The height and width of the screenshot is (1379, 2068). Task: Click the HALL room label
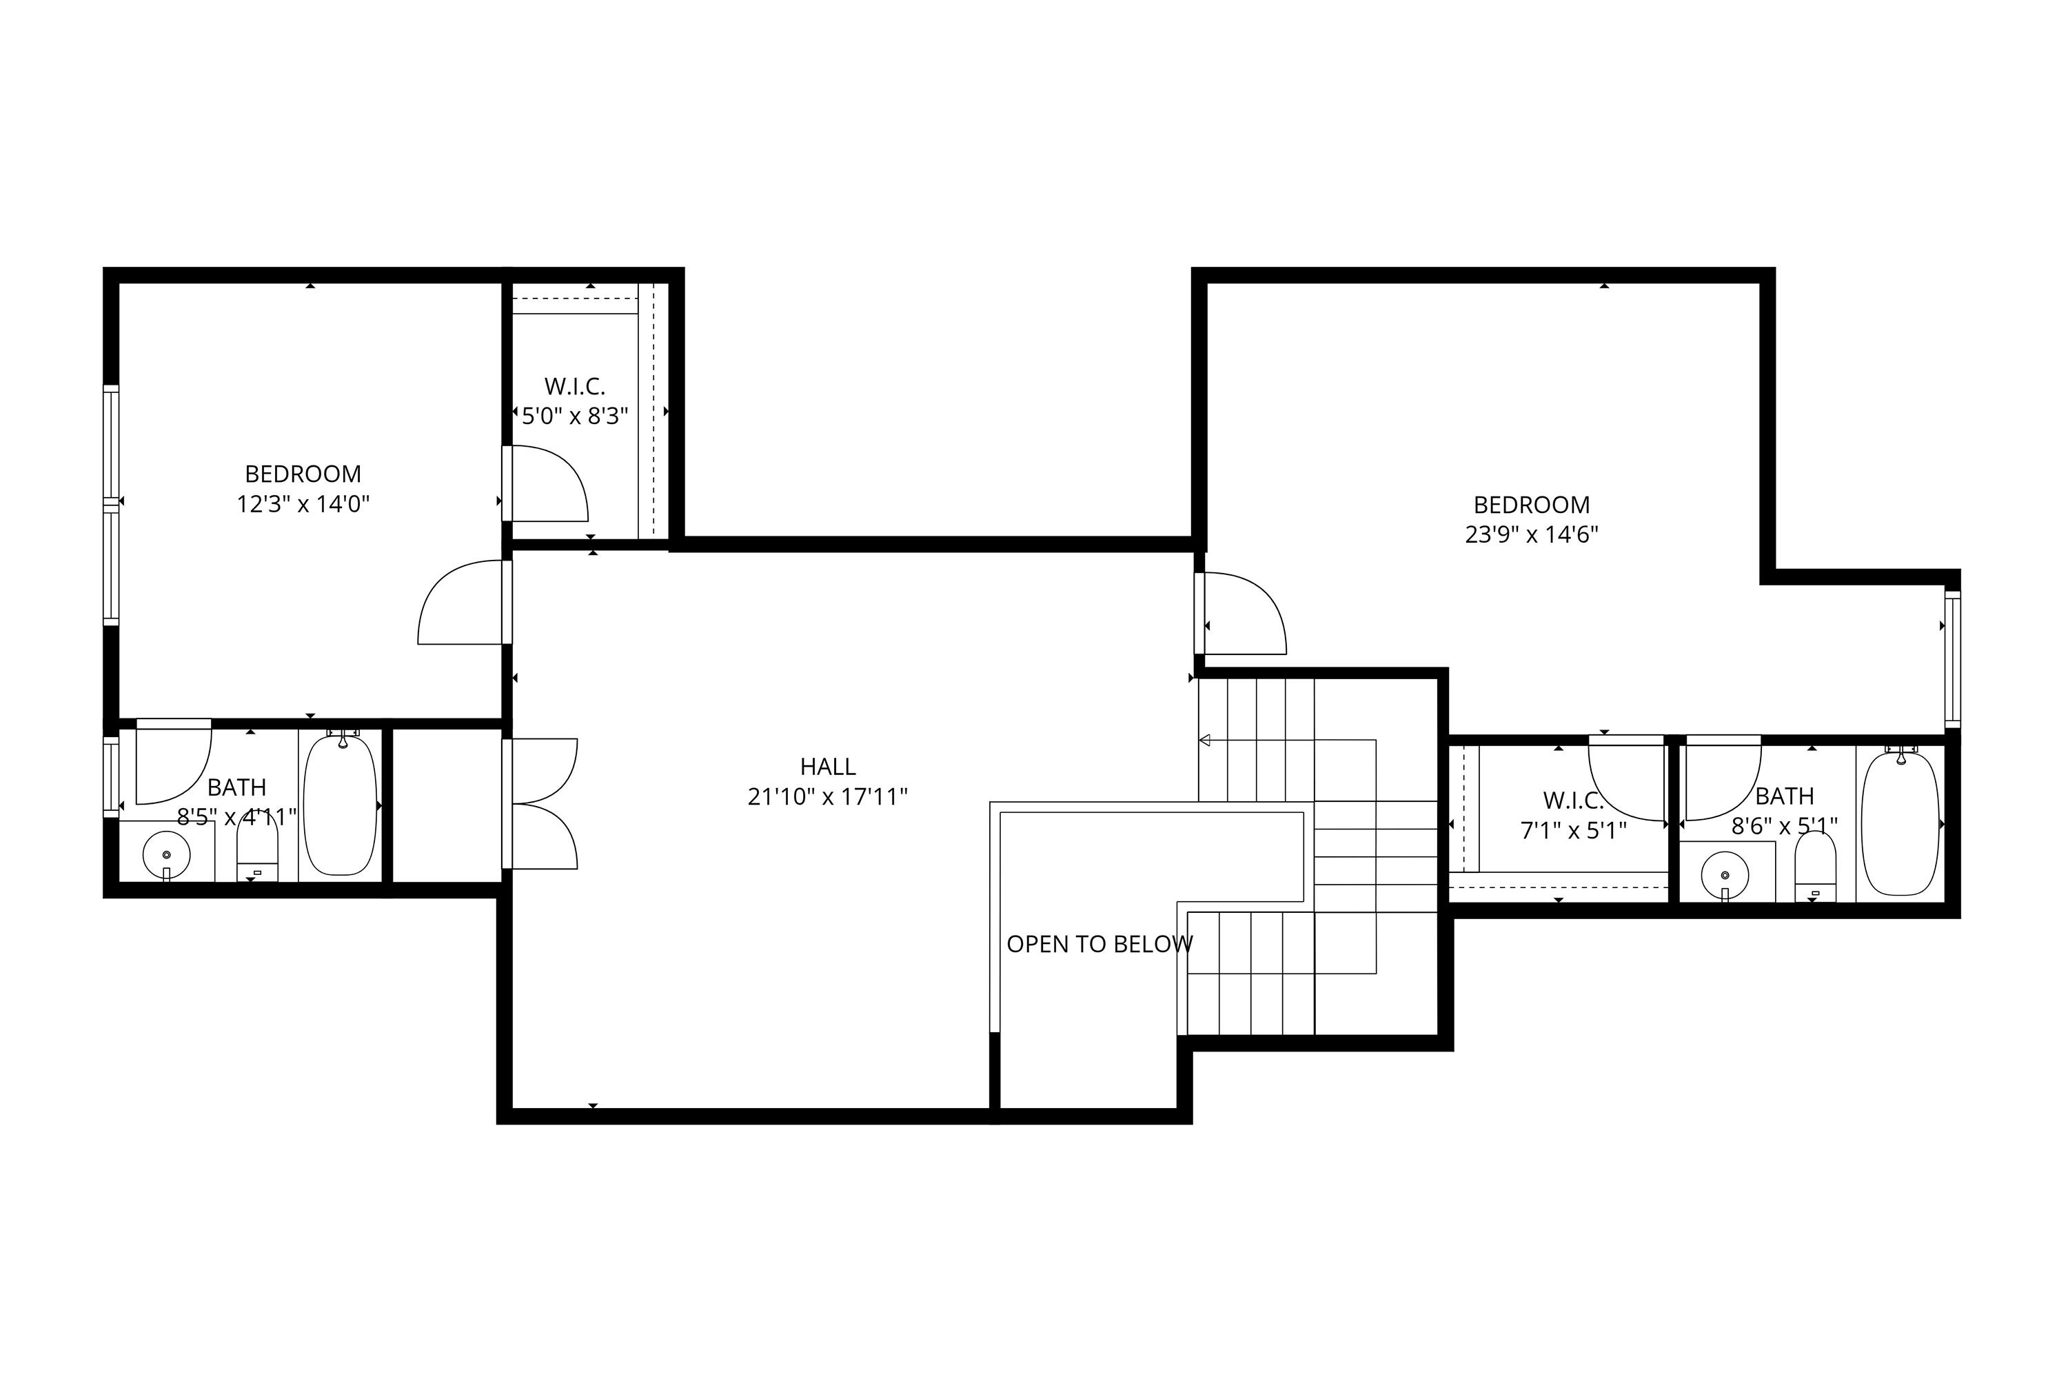tap(827, 767)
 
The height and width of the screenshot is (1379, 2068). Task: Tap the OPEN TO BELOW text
tap(1099, 945)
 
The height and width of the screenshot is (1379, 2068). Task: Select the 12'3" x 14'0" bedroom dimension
tap(303, 504)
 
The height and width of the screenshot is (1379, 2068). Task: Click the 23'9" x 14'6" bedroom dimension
tap(1531, 535)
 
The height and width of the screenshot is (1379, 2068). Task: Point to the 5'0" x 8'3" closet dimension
tap(575, 416)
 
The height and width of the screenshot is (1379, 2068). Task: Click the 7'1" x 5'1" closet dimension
tap(1573, 830)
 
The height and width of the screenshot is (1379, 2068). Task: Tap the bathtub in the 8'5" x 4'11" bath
tap(341, 805)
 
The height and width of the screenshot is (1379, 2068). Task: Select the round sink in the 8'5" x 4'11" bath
tap(166, 855)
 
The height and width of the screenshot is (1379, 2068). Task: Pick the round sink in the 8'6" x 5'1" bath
tap(1724, 875)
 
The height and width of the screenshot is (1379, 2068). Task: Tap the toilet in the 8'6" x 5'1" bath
tap(1815, 866)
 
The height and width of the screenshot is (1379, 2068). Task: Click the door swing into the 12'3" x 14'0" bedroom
tap(462, 604)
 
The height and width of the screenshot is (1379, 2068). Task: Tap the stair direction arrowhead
tap(1204, 741)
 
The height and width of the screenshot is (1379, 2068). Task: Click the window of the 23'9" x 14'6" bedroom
tap(1952, 658)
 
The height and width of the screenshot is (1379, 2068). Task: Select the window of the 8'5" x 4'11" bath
tap(111, 776)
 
